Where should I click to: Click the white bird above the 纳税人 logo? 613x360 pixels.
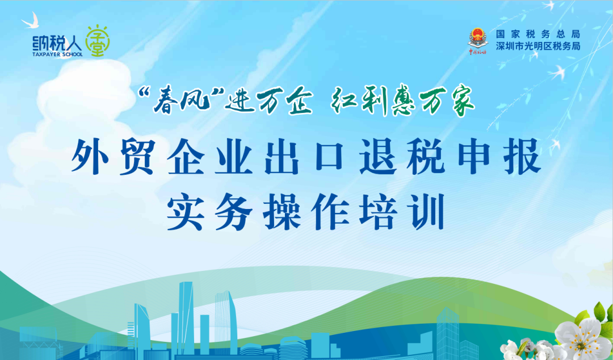click(x=31, y=21)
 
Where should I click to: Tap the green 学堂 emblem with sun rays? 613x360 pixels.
click(x=98, y=41)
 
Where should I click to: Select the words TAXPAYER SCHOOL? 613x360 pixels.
click(x=57, y=55)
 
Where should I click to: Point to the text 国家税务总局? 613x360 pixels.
click(x=538, y=35)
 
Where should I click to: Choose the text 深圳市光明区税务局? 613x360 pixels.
click(x=538, y=46)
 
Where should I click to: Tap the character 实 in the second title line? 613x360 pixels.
click(x=186, y=212)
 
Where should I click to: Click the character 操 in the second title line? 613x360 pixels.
click(x=282, y=212)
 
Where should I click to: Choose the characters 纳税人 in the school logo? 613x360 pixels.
click(x=57, y=42)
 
